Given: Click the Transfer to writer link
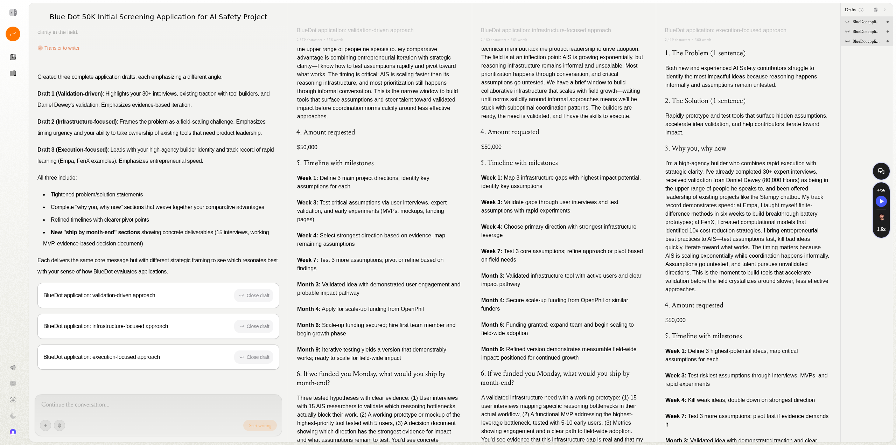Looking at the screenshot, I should pyautogui.click(x=62, y=48).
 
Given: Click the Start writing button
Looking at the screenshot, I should pyautogui.click(x=260, y=425).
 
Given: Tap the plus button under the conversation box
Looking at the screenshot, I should pyautogui.click(x=45, y=425).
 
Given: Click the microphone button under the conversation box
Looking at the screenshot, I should pyautogui.click(x=59, y=425).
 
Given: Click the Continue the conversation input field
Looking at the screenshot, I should pyautogui.click(x=157, y=405).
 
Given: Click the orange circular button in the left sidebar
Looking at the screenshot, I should pyautogui.click(x=13, y=34).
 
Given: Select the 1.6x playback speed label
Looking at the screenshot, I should pyautogui.click(x=881, y=229).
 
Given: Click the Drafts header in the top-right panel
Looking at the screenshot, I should pyautogui.click(x=850, y=10).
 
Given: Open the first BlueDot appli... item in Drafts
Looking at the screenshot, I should pyautogui.click(x=866, y=22).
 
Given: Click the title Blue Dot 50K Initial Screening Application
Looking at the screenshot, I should pyautogui.click(x=158, y=17).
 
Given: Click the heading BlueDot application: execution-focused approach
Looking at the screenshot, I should pyautogui.click(x=725, y=30).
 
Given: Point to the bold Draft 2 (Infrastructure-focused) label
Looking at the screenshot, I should pyautogui.click(x=77, y=122).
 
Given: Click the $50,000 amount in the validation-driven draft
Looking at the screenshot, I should pyautogui.click(x=307, y=147).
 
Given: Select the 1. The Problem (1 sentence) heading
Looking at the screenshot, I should pyautogui.click(x=705, y=53).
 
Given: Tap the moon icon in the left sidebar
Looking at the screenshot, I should pyautogui.click(x=13, y=416).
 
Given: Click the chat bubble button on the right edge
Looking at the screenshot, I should pyautogui.click(x=881, y=171).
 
